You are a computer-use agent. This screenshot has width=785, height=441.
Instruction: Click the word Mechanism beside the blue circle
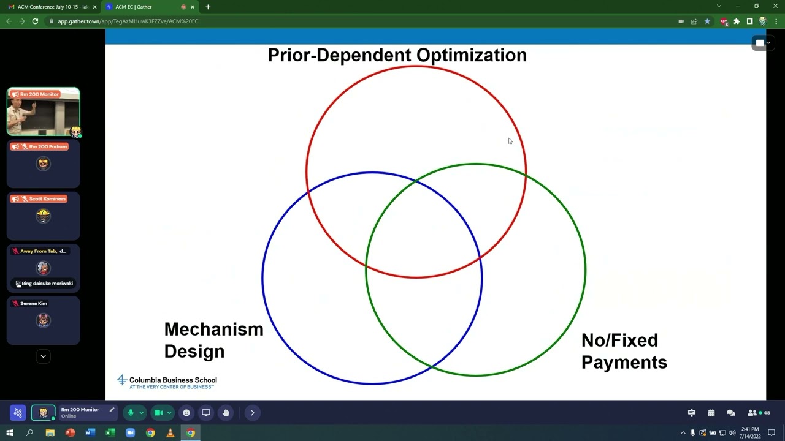tap(213, 330)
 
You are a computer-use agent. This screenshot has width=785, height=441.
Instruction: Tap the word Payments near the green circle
tap(624, 362)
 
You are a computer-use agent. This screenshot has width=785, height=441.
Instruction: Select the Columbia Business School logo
tap(167, 382)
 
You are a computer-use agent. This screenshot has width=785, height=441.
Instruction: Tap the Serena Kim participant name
tap(34, 303)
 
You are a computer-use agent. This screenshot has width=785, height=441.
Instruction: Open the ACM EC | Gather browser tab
tap(133, 7)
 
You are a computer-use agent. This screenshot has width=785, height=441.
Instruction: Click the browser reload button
tap(35, 21)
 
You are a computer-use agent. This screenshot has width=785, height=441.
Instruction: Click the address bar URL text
tap(128, 21)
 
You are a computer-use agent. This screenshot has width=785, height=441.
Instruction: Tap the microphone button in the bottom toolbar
tap(130, 413)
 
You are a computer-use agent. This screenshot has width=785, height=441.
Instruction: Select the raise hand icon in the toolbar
tap(226, 413)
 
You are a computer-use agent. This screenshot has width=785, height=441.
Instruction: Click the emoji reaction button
tap(186, 413)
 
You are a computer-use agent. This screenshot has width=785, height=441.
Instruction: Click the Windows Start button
tap(10, 433)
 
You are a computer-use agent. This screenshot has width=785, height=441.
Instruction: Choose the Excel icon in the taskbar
tap(110, 433)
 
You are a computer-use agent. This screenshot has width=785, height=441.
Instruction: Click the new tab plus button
tap(208, 7)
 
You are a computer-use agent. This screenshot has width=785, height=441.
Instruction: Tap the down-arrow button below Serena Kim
tap(43, 356)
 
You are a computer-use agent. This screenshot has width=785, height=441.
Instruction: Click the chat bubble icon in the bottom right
tap(730, 413)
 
